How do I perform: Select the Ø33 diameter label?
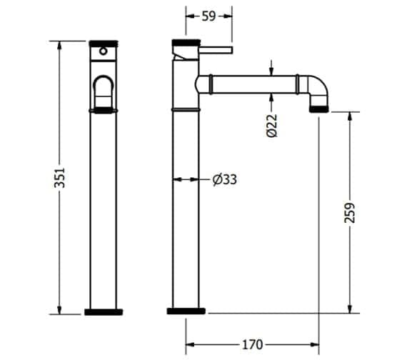point(224,179)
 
